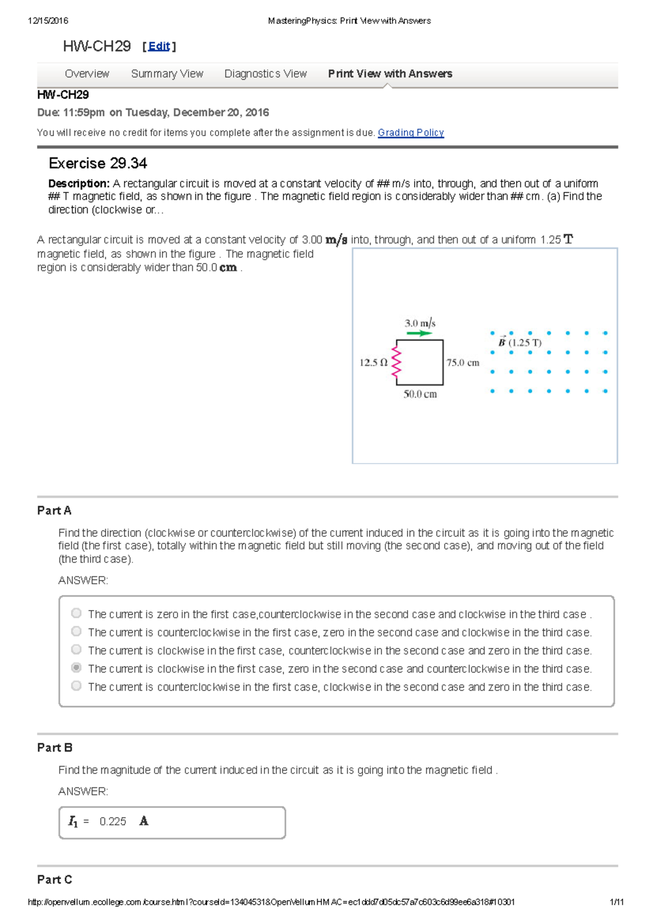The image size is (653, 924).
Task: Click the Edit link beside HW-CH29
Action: [159, 47]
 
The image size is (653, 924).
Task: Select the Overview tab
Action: [87, 73]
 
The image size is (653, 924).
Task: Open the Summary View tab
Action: [167, 73]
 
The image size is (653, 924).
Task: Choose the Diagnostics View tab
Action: [266, 73]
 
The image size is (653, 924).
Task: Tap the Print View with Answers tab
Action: [390, 73]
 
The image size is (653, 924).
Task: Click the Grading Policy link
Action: [411, 133]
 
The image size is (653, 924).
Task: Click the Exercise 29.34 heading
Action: [98, 163]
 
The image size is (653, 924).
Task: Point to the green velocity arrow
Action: [419, 333]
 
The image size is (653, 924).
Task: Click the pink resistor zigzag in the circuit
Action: [396, 362]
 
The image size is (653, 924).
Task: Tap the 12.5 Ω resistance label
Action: [373, 362]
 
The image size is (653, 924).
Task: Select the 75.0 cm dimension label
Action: [463, 363]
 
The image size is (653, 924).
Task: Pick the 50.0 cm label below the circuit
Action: [420, 394]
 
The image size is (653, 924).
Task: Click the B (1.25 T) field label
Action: [520, 342]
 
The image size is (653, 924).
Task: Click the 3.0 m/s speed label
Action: [420, 323]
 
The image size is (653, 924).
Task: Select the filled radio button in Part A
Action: [76, 668]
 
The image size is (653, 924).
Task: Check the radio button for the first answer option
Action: [76, 613]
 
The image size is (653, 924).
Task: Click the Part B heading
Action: [54, 748]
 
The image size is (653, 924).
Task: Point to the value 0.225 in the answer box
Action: [113, 821]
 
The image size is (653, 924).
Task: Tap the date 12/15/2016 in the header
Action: [48, 21]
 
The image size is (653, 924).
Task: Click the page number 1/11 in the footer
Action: [617, 902]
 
